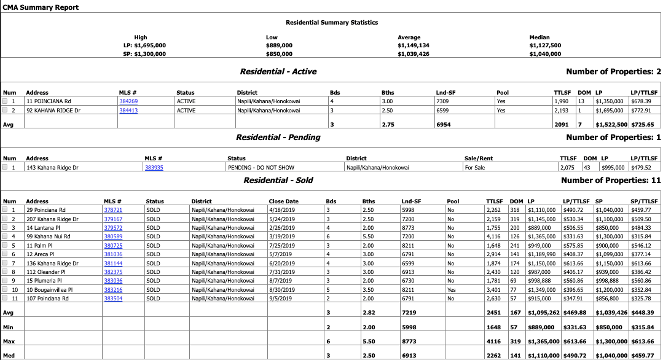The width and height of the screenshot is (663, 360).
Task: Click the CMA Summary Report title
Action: pyautogui.click(x=41, y=7)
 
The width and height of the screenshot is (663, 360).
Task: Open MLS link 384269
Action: pyautogui.click(x=128, y=101)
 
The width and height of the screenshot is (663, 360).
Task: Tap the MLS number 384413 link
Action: pyautogui.click(x=128, y=111)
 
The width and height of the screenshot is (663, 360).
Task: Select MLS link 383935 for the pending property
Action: pyautogui.click(x=154, y=167)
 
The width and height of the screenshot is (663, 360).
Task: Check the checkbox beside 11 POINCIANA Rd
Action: pyautogui.click(x=5, y=101)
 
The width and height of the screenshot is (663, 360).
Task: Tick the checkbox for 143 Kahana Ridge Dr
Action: pyautogui.click(x=5, y=167)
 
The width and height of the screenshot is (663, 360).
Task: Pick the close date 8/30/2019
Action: pyautogui.click(x=283, y=289)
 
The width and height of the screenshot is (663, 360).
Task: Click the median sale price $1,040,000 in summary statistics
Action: pyautogui.click(x=545, y=54)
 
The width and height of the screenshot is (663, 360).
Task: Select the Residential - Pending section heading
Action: pyautogui.click(x=278, y=138)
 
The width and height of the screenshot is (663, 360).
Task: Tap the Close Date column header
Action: pyautogui.click(x=283, y=201)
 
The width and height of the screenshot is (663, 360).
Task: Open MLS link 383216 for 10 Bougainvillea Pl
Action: pyautogui.click(x=113, y=289)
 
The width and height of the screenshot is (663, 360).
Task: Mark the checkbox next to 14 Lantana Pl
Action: pyautogui.click(x=5, y=227)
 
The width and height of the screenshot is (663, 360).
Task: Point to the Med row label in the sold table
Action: pyautogui.click(x=8, y=354)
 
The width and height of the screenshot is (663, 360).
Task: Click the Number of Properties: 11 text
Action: pyautogui.click(x=611, y=181)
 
